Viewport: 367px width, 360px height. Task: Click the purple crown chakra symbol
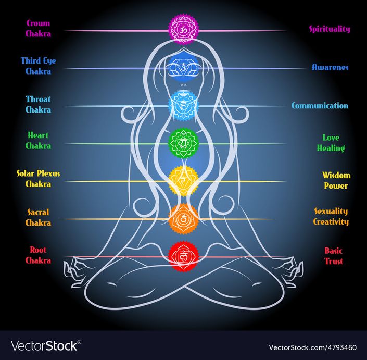coord(183,30)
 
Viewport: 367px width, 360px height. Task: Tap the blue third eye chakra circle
coord(183,68)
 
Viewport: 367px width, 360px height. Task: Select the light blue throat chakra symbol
coord(183,106)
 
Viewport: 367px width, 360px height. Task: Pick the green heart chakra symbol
coord(183,143)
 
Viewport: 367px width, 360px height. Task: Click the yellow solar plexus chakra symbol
coord(183,181)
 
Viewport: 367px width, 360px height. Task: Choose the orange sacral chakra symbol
coord(183,219)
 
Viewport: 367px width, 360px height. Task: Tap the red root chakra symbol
coord(183,257)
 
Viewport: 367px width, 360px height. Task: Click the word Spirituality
coord(330,29)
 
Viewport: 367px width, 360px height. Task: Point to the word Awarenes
coord(330,67)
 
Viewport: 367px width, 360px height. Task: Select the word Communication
coord(320,106)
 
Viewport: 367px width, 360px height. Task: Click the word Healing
coord(331,148)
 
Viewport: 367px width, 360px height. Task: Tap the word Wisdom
coord(336,175)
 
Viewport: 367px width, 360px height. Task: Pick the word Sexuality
coord(331,212)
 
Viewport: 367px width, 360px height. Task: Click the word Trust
coord(334,261)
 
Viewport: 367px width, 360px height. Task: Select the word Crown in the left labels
coord(38,23)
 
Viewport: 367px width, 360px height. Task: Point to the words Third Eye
coord(38,61)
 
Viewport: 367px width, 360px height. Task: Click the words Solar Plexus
coord(38,173)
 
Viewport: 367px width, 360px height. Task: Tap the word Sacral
coord(38,212)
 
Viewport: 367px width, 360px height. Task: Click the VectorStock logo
coord(46,346)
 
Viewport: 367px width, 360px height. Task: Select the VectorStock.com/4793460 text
coord(312,347)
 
